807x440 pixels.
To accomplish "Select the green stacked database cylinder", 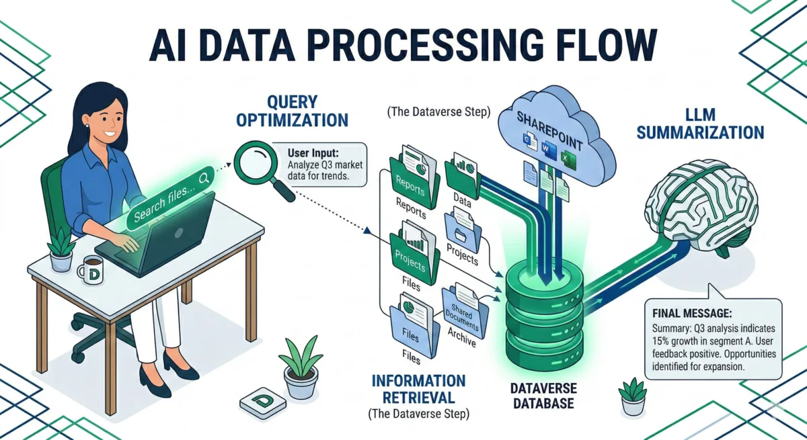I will [x=542, y=316].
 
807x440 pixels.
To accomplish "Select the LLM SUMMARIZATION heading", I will [x=700, y=124].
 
